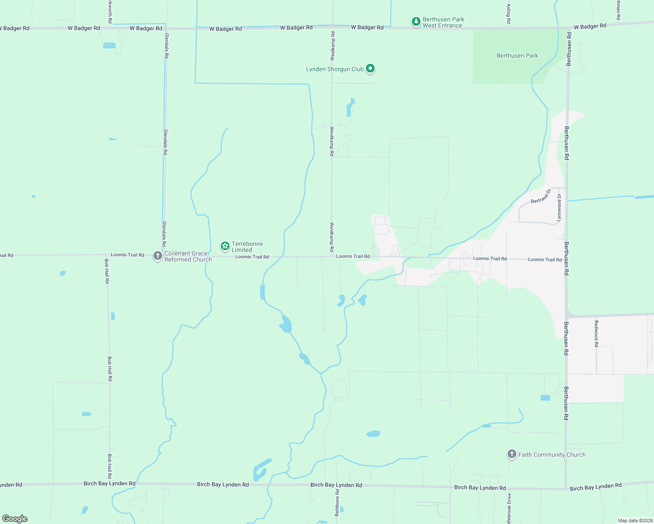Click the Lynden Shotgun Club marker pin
pyautogui.click(x=370, y=68)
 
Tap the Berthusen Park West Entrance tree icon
pyautogui.click(x=416, y=21)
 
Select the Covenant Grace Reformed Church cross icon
pyautogui.click(x=158, y=255)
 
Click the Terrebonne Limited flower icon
pyautogui.click(x=225, y=246)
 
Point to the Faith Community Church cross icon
pyautogui.click(x=511, y=454)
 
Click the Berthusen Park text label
pyautogui.click(x=517, y=55)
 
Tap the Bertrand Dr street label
pyautogui.click(x=541, y=196)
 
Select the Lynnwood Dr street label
pyautogui.click(x=559, y=208)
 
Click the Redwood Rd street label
pyautogui.click(x=596, y=333)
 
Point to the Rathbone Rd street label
pyautogui.click(x=337, y=503)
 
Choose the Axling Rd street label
pyautogui.click(x=508, y=14)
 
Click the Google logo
pyautogui.click(x=15, y=518)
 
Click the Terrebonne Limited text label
pyautogui.click(x=247, y=247)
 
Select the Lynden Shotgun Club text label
pyautogui.click(x=334, y=69)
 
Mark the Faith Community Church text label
pyautogui.click(x=552, y=455)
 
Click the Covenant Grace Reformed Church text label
pyautogui.click(x=188, y=256)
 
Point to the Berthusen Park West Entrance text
pyautogui.click(x=443, y=22)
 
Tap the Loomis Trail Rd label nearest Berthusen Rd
pyautogui.click(x=545, y=259)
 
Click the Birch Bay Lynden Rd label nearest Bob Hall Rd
pyautogui.click(x=109, y=483)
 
